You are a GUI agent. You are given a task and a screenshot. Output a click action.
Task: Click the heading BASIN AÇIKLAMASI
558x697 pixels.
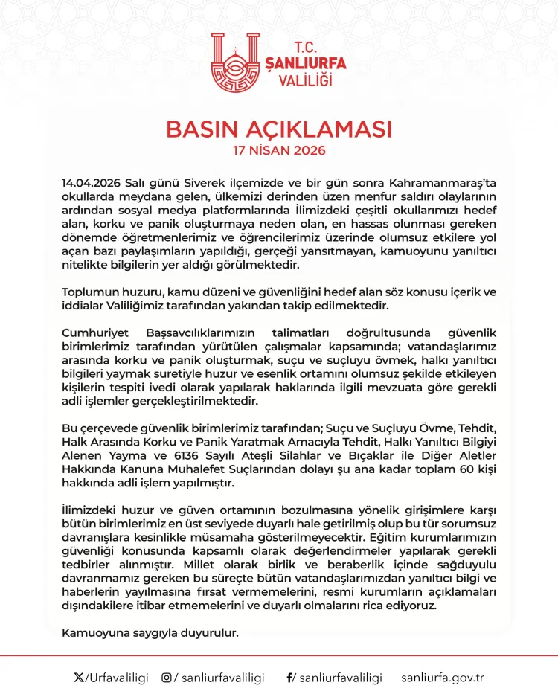tap(278, 129)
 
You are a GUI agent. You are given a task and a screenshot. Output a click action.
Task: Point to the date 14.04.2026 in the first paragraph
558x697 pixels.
tap(92, 183)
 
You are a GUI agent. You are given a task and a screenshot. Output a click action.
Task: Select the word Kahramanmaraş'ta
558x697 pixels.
tap(451, 183)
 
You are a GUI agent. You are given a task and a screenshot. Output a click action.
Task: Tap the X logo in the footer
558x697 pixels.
tap(79, 678)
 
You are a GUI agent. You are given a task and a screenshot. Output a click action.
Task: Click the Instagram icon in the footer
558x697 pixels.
tap(167, 678)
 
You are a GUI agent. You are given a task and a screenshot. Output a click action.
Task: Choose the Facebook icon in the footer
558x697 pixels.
tap(289, 678)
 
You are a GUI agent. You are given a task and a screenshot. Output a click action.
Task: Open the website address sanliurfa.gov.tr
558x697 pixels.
tap(443, 678)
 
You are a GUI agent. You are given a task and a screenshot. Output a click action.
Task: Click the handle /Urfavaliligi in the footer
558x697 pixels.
tap(118, 678)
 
